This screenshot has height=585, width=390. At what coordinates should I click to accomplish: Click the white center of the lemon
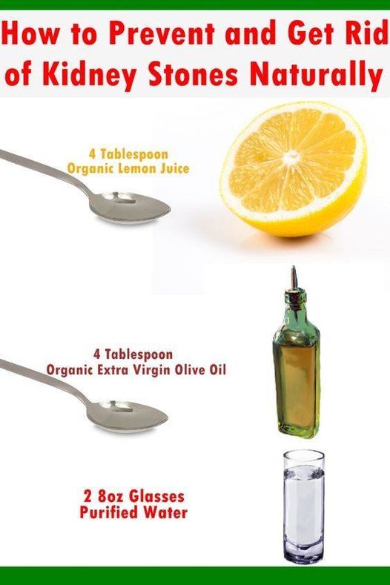click(291, 156)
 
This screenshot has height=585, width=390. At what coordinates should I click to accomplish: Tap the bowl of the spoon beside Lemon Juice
click(130, 207)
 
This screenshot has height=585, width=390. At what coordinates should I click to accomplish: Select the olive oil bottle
click(297, 353)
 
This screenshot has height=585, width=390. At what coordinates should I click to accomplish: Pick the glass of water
click(304, 507)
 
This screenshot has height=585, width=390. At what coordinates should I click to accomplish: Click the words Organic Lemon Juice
click(128, 168)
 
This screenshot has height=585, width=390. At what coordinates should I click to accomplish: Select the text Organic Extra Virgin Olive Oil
click(136, 370)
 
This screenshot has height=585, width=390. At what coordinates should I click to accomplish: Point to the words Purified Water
click(133, 512)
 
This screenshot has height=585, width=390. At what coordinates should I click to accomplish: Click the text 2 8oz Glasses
click(134, 497)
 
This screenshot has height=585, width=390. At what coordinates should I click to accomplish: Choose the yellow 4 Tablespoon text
click(128, 153)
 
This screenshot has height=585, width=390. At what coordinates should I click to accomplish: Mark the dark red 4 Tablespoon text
click(133, 354)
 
